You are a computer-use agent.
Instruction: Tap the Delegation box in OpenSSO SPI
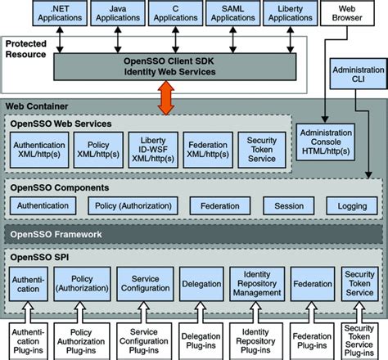click(x=200, y=283)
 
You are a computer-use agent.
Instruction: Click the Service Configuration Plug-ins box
click(x=143, y=340)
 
